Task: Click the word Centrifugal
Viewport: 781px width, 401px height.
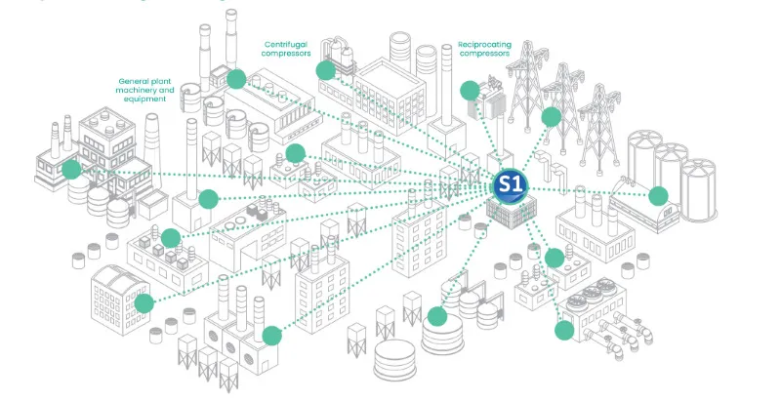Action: (287, 44)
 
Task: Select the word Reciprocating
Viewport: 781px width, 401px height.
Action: (483, 44)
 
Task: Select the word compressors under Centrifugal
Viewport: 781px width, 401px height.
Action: (287, 55)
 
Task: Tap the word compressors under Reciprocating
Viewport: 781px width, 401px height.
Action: (483, 55)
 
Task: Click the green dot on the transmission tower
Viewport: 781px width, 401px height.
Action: (552, 117)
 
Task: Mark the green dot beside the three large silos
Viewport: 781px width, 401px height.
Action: (659, 195)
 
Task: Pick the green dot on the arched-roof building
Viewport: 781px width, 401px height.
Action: (144, 303)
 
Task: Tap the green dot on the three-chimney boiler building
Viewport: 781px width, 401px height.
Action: (272, 335)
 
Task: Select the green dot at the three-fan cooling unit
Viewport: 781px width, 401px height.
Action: (564, 329)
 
